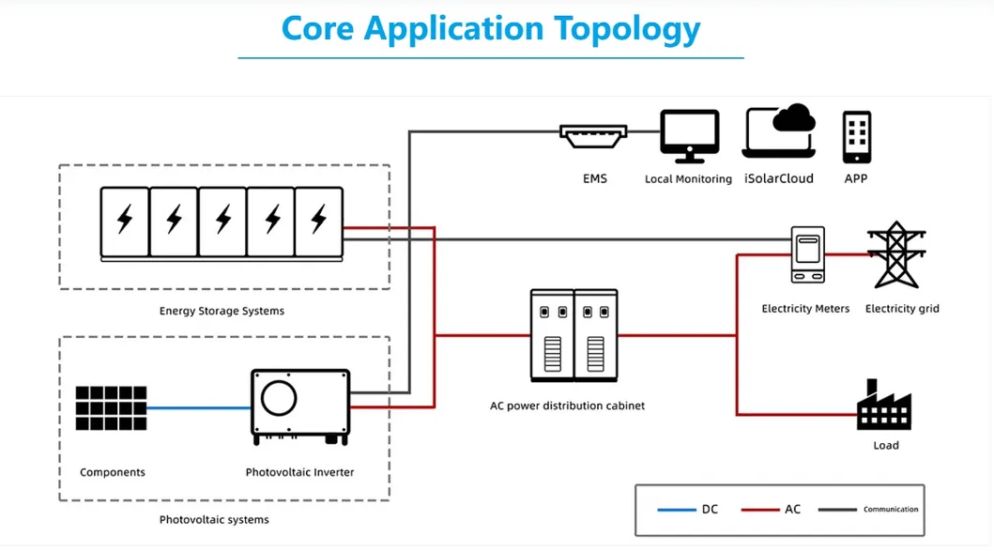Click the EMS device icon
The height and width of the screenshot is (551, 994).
point(593,136)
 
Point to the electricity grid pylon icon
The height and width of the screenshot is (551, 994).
point(893,254)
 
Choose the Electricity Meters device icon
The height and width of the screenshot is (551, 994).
point(806,254)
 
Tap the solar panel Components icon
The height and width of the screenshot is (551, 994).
point(112,408)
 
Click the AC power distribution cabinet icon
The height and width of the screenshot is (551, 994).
point(573,334)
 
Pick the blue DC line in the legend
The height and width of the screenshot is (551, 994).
point(676,510)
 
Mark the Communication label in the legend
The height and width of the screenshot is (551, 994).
point(891,510)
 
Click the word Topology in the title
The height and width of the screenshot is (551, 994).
point(625,28)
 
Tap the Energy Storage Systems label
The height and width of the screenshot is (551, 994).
point(222,311)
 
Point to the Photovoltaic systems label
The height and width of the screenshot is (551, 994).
point(214,519)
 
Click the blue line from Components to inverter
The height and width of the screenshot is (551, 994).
point(198,408)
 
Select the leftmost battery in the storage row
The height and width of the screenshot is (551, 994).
point(125,222)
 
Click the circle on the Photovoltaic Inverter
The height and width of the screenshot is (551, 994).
point(279,399)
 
